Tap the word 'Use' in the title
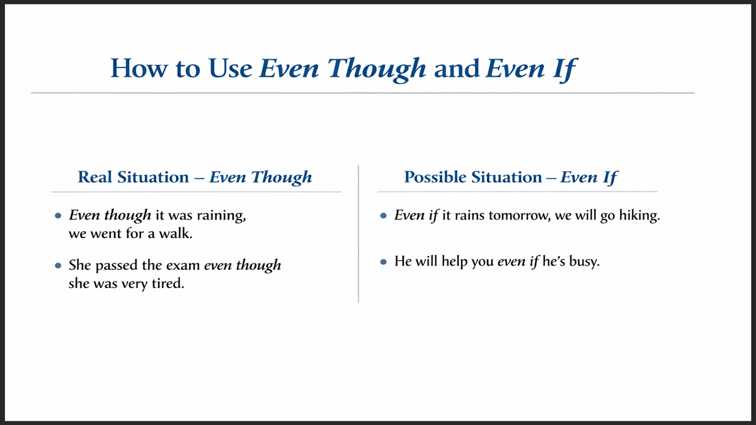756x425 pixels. coord(228,68)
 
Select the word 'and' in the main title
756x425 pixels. coord(457,68)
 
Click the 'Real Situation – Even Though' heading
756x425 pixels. coord(195,177)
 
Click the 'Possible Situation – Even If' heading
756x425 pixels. coord(510,177)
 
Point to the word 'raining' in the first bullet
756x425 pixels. coord(223,216)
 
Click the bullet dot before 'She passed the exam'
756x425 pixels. coord(58,266)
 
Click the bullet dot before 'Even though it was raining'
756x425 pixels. coord(58,216)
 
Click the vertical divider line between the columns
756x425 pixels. coord(358,233)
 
